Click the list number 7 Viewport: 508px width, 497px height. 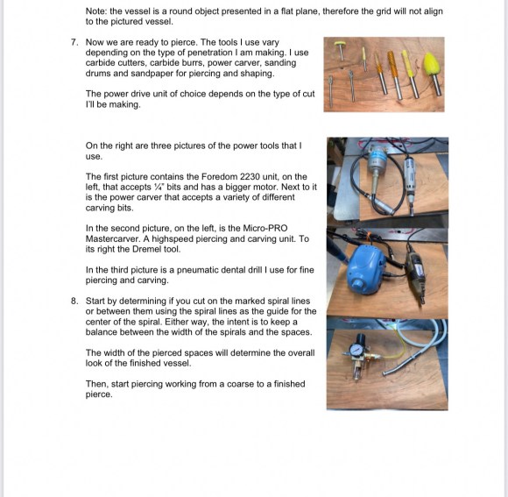coord(74,42)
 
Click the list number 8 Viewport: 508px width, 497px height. coord(74,301)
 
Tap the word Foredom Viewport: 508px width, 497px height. coord(218,177)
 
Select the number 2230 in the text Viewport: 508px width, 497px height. coord(250,177)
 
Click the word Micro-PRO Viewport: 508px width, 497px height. coord(265,228)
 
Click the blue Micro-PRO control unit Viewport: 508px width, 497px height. coord(366,270)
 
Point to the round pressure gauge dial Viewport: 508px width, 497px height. coord(356,350)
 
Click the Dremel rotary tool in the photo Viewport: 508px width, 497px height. coord(416,276)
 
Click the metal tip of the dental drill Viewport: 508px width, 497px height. coord(385,373)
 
